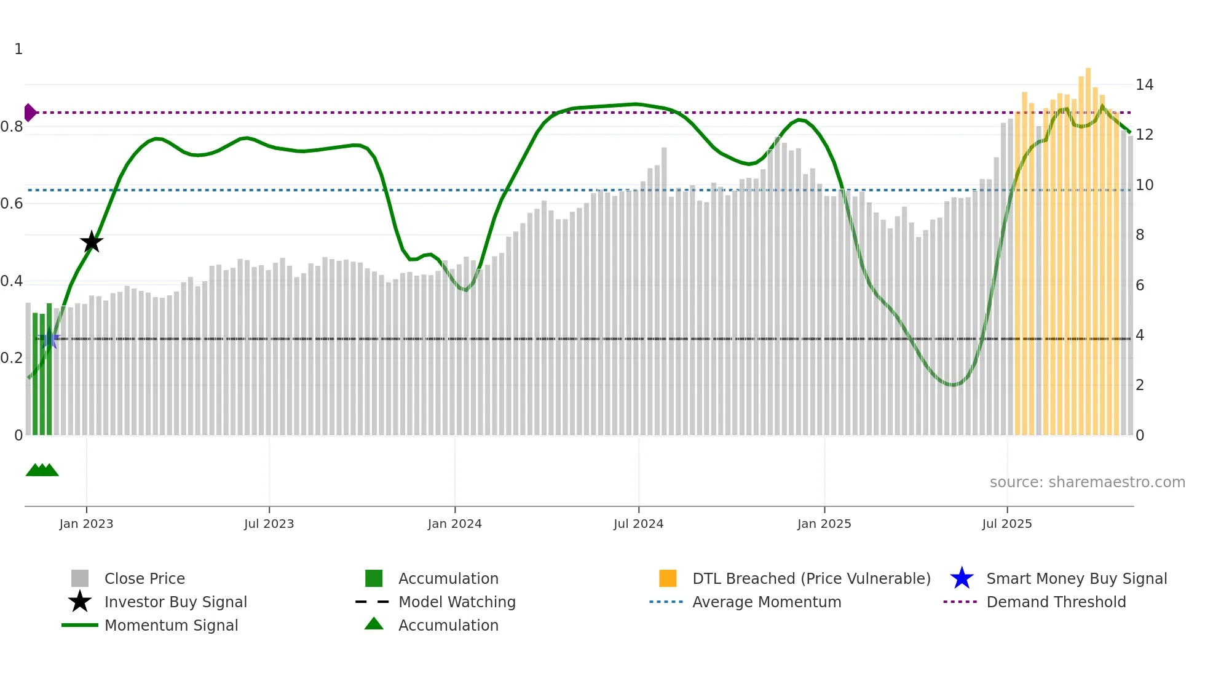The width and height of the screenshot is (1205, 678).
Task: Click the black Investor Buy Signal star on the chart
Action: [x=92, y=242]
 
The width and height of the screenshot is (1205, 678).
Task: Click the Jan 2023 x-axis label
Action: [x=86, y=524]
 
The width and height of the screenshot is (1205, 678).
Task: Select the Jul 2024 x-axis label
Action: [x=638, y=524]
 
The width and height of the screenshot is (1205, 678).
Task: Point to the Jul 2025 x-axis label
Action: [x=1006, y=524]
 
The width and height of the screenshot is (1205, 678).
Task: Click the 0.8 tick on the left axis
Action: [x=12, y=127]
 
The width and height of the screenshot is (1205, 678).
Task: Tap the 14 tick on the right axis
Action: [x=1144, y=85]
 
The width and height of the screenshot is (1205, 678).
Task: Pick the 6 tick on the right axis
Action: [x=1140, y=285]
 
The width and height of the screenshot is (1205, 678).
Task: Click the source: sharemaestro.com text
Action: [x=1087, y=482]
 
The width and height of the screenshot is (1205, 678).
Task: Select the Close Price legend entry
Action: [x=144, y=578]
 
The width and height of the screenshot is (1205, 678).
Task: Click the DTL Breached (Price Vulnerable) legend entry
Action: [x=811, y=578]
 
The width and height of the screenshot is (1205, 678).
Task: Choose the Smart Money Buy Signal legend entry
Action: [x=1076, y=578]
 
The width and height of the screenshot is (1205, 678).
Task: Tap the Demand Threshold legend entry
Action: [x=1056, y=602]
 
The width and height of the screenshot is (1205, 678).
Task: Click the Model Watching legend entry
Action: [x=456, y=602]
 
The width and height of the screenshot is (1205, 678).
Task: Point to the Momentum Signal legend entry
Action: [x=171, y=625]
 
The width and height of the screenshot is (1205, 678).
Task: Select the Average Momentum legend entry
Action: [x=766, y=602]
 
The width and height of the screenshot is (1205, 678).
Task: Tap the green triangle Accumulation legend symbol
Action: [x=374, y=624]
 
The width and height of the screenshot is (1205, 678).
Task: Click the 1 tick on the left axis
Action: [x=18, y=49]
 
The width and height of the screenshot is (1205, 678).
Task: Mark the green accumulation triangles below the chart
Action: [x=42, y=470]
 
